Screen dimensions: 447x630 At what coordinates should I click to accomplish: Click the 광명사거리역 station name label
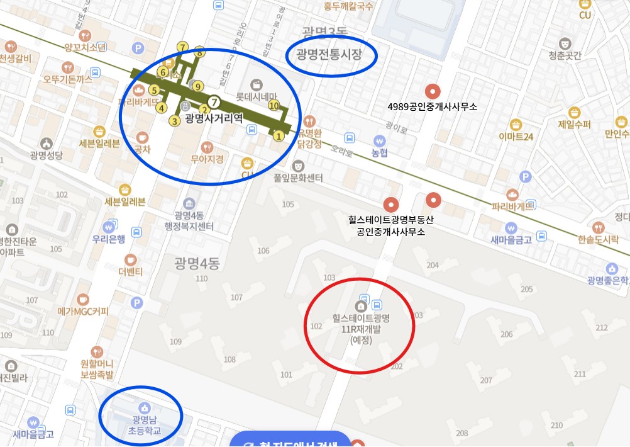point(214,118)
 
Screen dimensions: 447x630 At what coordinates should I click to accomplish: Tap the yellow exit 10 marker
point(274,106)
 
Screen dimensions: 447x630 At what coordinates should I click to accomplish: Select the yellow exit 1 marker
point(278,135)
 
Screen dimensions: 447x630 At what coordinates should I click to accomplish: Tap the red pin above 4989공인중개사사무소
point(431,91)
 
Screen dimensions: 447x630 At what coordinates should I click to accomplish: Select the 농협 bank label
point(379,153)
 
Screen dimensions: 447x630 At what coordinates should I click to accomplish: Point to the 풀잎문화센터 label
point(298,179)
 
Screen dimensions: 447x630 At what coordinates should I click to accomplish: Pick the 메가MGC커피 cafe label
point(83,311)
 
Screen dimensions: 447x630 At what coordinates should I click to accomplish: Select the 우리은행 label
point(109,239)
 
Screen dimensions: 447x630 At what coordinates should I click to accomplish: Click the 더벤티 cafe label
point(131,271)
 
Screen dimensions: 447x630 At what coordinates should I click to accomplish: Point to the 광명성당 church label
point(46,154)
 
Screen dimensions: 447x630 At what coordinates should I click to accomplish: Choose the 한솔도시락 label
point(598,239)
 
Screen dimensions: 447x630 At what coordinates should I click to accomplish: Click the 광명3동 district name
point(324,32)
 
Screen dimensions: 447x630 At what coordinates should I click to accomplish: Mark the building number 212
point(602,327)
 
